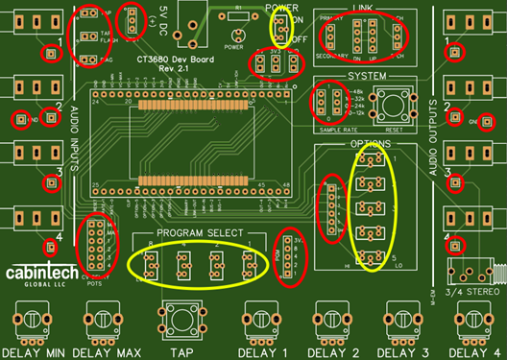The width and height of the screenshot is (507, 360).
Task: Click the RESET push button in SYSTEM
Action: pyautogui.click(x=392, y=105)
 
